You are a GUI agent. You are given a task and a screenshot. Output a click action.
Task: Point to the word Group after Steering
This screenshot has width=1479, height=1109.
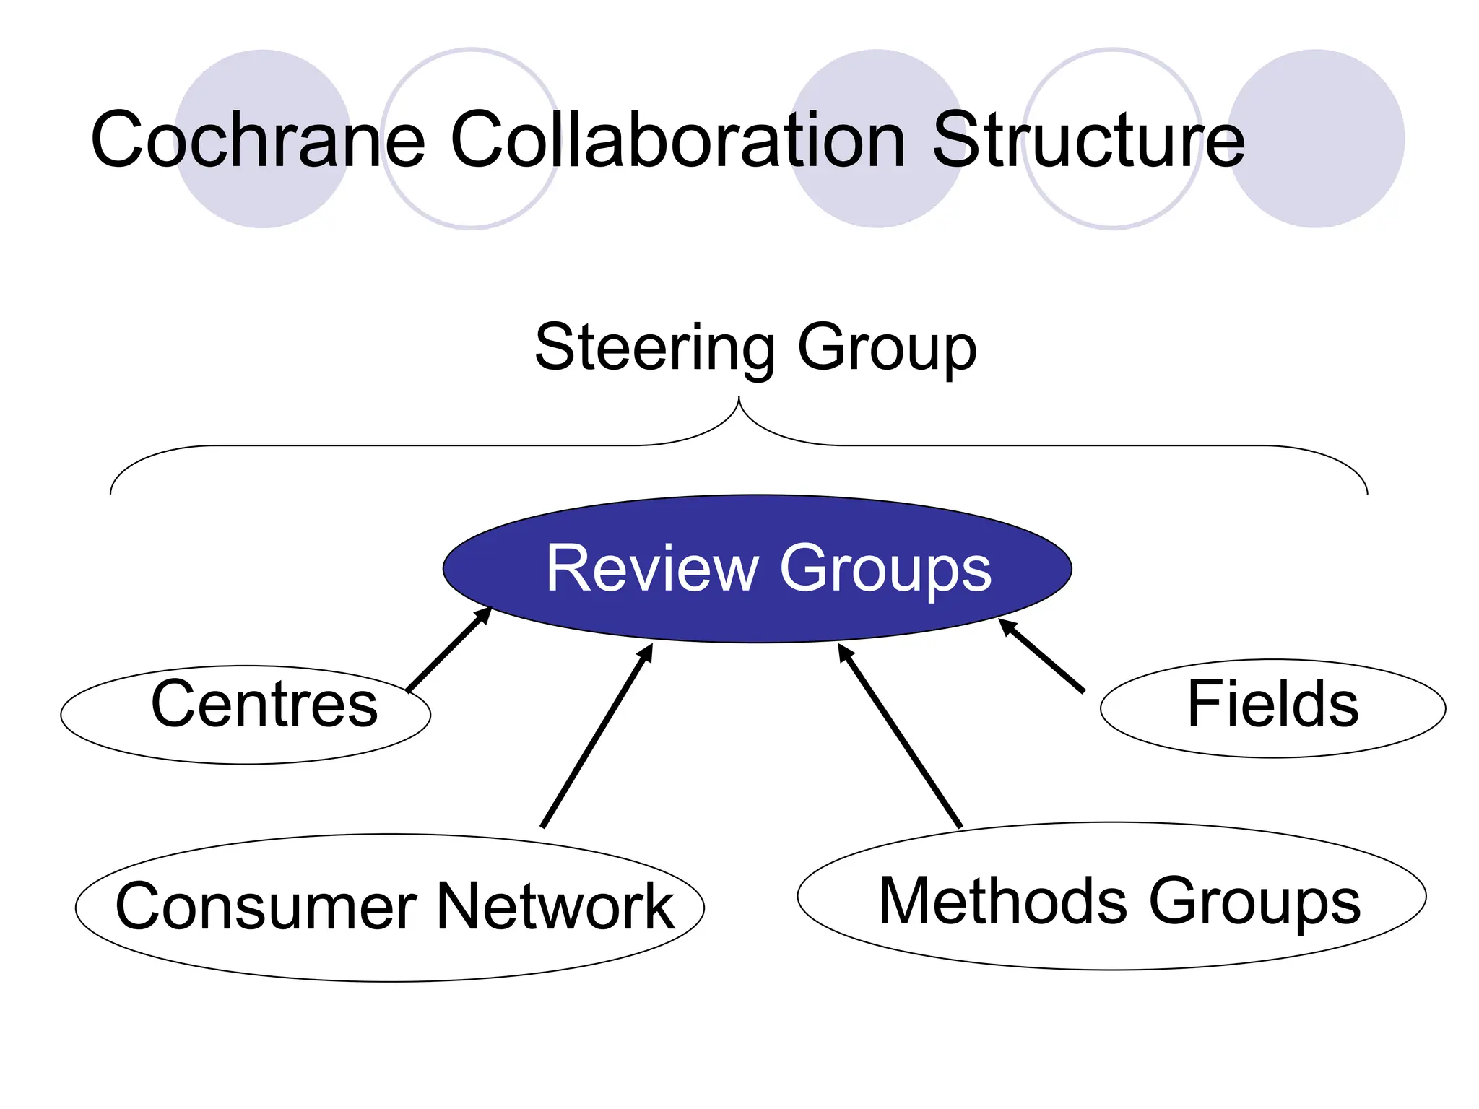point(887,348)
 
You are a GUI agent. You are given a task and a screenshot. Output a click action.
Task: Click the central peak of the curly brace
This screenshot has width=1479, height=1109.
point(739,399)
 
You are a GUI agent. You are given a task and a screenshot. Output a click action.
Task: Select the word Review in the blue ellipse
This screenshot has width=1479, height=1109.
point(651,568)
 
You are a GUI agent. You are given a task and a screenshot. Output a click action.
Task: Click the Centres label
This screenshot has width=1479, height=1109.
point(264,704)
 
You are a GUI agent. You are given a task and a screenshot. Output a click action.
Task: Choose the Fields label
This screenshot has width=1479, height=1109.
point(1272,704)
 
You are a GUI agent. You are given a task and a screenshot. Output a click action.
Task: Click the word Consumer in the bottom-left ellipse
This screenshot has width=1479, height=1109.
point(266,907)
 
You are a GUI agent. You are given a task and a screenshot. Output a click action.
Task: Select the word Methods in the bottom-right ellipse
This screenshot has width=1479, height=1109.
point(1002,901)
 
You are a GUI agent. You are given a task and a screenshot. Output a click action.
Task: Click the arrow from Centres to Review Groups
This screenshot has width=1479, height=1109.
point(448,649)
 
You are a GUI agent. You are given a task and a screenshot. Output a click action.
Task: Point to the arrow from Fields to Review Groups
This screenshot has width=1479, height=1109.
point(1041,656)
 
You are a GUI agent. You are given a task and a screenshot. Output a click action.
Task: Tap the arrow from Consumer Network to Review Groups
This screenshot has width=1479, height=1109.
point(597,736)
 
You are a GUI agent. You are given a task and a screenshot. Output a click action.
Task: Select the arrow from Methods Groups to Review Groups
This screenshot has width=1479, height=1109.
point(900,736)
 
